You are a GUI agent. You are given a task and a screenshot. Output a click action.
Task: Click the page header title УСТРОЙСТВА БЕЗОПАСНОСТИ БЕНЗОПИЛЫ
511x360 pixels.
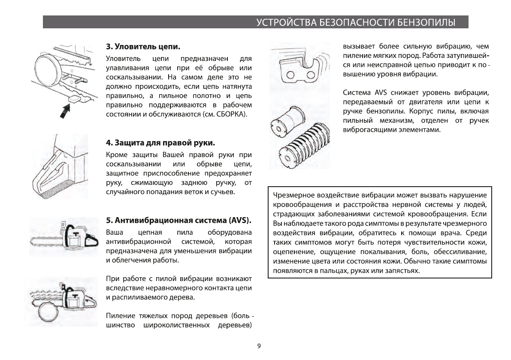(355, 22)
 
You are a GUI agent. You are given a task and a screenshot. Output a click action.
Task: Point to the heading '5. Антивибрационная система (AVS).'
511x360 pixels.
(178, 221)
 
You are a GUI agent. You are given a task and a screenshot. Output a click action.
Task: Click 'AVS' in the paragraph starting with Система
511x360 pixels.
(381, 93)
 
